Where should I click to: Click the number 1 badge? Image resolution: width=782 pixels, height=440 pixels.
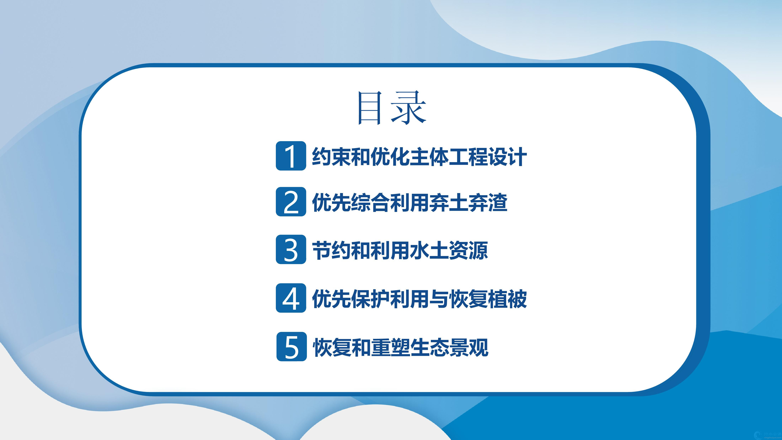pos(291,156)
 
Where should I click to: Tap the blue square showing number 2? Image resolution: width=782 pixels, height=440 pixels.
pos(291,202)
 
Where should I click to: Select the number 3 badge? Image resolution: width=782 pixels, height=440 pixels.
pos(291,249)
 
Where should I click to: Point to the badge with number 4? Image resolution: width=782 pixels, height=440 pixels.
pos(291,298)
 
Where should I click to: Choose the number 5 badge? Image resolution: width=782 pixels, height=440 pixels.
pos(291,346)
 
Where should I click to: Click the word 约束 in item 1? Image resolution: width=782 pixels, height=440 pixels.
pos(331,157)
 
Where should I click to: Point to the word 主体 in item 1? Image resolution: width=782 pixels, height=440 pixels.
pos(429,157)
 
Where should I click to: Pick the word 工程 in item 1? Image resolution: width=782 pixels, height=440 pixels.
pos(468,157)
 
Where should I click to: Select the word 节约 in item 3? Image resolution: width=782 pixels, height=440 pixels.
pos(331,250)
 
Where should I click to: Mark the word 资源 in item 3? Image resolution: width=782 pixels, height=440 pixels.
pos(468,250)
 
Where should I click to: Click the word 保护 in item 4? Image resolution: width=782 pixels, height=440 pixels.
pos(370,299)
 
